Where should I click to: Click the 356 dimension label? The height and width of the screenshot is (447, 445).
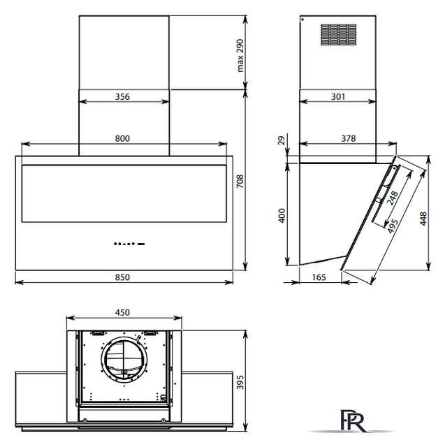pos(122,96)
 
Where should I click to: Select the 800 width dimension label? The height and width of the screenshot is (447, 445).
pos(122,138)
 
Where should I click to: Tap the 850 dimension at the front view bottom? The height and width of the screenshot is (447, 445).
pos(122,277)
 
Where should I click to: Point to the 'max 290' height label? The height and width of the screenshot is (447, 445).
pos(240,56)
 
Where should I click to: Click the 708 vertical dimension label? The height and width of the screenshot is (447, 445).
pos(240,182)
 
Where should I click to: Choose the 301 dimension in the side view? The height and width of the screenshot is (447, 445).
pos(338,96)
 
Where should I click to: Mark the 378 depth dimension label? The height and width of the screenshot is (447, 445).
pos(349,138)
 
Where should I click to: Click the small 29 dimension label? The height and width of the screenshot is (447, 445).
pos(282,140)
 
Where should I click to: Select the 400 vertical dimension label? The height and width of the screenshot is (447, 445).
pos(282,216)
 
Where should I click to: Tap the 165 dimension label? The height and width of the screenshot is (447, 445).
pos(319,277)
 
